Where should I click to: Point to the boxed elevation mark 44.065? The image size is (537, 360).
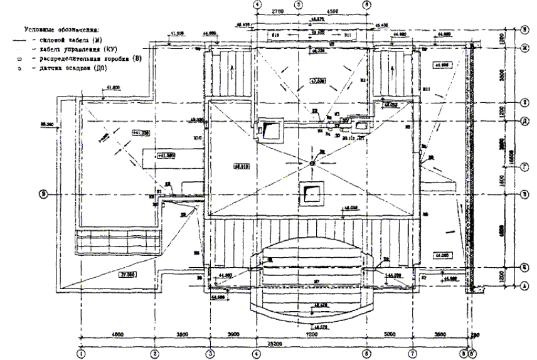[443, 256]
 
